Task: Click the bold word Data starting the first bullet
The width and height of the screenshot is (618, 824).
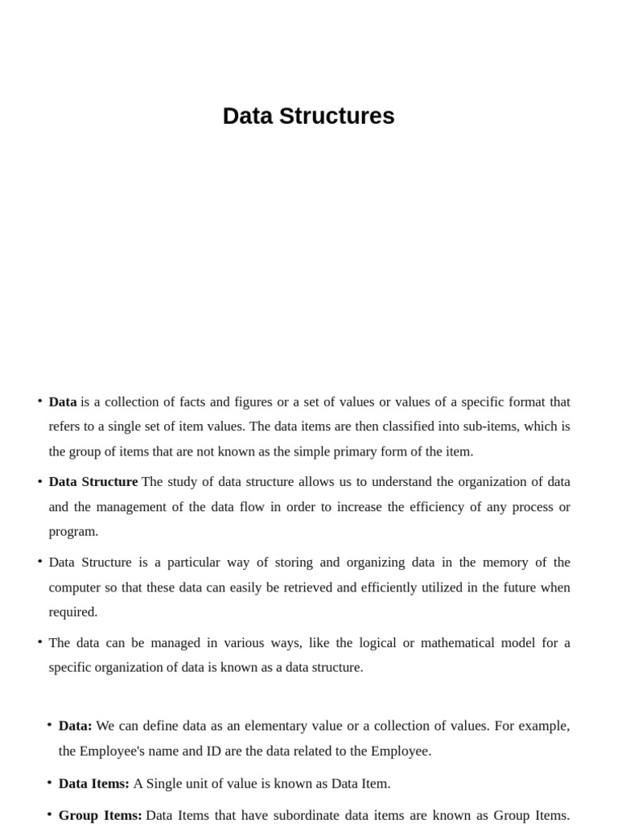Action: coord(63,402)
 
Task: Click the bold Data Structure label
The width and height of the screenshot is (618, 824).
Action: coord(93,482)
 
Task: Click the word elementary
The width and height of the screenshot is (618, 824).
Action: coord(278,726)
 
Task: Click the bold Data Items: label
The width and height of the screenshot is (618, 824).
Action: coord(93,783)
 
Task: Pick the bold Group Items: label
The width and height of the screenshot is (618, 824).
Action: coord(100,815)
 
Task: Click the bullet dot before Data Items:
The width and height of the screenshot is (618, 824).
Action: coord(49,782)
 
